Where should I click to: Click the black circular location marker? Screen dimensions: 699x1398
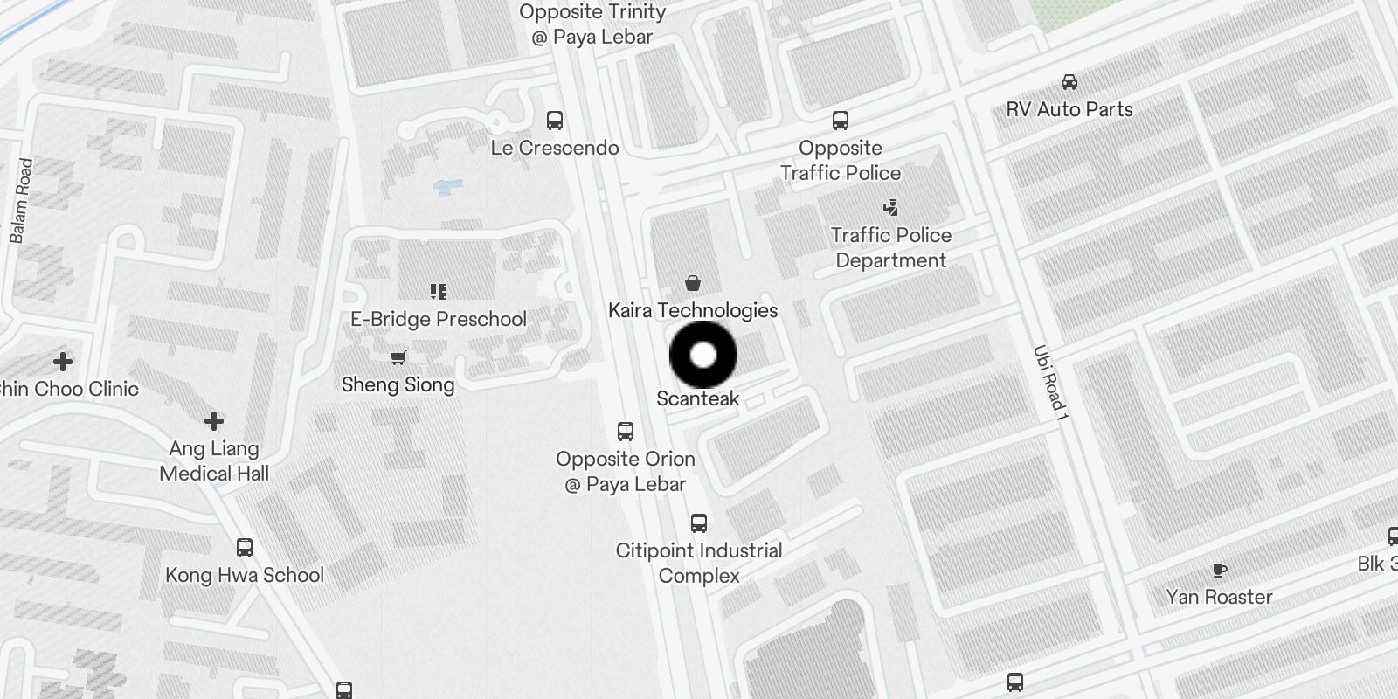(x=703, y=355)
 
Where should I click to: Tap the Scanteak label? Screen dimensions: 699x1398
(x=697, y=398)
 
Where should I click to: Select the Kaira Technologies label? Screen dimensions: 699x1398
(x=693, y=310)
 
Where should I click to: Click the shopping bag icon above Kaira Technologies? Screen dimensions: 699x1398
(x=693, y=283)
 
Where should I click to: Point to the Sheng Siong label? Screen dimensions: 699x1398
(x=398, y=384)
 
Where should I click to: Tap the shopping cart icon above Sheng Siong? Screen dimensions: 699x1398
(x=398, y=357)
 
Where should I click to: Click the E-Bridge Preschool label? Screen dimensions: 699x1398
(x=439, y=319)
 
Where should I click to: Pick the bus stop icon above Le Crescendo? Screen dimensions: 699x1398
(x=555, y=121)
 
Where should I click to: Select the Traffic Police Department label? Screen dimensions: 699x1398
(x=890, y=247)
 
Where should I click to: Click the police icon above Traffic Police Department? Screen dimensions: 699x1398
(x=890, y=208)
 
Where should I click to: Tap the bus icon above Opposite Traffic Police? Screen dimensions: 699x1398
(x=841, y=121)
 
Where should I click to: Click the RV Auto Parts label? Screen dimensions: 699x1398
(x=1069, y=109)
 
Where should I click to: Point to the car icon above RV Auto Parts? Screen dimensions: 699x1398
(x=1069, y=82)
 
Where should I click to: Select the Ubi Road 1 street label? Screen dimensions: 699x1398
(x=1050, y=379)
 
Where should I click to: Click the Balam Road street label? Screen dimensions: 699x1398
(x=21, y=201)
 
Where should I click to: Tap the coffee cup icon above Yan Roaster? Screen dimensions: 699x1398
(x=1220, y=570)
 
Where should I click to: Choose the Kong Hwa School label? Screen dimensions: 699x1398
(x=245, y=575)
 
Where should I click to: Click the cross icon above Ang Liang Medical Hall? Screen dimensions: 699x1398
(x=214, y=421)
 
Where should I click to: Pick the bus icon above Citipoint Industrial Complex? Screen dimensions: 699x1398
(x=699, y=523)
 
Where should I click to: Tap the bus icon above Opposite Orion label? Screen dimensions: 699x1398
(x=626, y=432)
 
